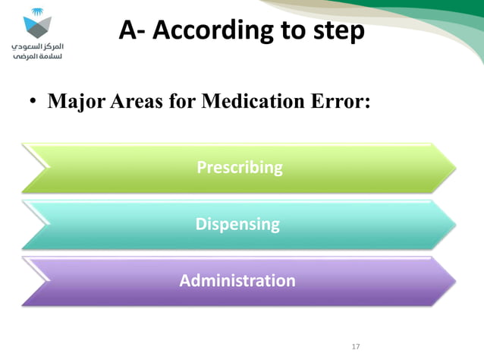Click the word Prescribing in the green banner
tap(239, 167)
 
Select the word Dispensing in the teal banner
tap(237, 224)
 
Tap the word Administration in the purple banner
tap(237, 281)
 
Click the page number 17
tap(356, 347)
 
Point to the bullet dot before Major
tap(33, 102)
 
